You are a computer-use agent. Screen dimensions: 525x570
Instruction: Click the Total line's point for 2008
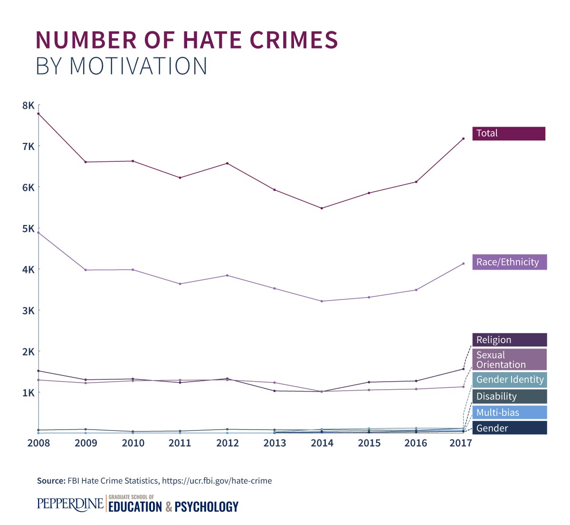(38, 113)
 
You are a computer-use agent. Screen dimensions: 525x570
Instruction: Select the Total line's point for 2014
(322, 208)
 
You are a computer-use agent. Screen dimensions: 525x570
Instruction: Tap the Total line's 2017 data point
(463, 139)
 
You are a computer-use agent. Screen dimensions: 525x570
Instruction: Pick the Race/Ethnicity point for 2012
(227, 275)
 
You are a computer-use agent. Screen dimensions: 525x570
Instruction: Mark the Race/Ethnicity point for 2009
(85, 270)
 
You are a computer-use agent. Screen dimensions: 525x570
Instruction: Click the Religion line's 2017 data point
(463, 369)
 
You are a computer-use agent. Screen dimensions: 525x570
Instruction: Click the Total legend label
(508, 133)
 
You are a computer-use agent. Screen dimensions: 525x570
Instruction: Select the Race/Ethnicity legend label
(509, 262)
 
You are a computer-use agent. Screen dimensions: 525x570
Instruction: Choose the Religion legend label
(509, 340)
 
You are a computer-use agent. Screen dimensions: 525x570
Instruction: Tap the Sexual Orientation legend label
(509, 360)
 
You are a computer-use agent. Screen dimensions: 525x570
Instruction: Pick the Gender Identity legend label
(509, 380)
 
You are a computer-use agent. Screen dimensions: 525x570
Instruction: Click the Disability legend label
(509, 396)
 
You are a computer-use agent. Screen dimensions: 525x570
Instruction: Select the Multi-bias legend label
(509, 412)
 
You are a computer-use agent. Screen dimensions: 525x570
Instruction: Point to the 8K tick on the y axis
(28, 105)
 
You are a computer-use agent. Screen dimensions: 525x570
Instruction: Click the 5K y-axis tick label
(28, 228)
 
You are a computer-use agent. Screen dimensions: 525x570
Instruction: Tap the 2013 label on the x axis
(275, 443)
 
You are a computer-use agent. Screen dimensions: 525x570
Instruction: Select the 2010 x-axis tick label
(133, 443)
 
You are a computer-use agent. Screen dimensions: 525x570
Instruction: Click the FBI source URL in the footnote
(217, 481)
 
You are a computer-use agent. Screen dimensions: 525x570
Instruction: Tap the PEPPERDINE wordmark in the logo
(70, 504)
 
